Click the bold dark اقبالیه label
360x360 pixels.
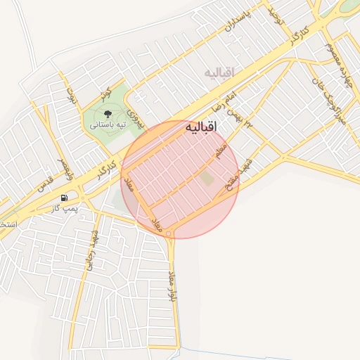click(202, 127)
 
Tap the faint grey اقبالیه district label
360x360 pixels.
click(222, 72)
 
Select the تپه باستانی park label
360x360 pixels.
click(108, 124)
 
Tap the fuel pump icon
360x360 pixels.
click(65, 198)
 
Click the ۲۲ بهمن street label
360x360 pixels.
click(245, 120)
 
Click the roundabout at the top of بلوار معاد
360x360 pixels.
click(169, 233)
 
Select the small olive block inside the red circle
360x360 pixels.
click(207, 179)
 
